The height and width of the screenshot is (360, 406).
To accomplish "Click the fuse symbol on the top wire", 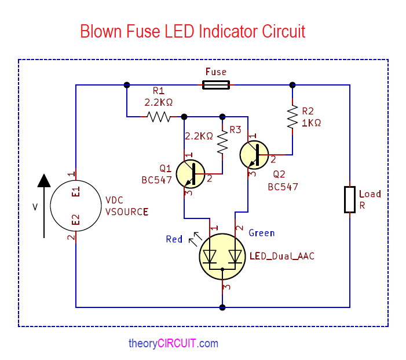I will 215,85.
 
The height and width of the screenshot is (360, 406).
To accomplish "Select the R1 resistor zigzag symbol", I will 158,117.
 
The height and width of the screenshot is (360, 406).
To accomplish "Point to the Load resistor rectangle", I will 349,199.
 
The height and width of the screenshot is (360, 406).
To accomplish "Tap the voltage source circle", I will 75,205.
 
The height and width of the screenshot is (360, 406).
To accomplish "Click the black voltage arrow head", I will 44,181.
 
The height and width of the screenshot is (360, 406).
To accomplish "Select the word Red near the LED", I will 174,239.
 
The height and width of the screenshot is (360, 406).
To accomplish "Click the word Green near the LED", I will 261,233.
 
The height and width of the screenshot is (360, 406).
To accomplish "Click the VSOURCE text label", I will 127,211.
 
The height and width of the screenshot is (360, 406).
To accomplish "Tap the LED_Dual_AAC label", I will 282,256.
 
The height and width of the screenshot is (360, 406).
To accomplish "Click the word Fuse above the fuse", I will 216,72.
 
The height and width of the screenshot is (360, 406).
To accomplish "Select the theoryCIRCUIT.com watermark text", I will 173,343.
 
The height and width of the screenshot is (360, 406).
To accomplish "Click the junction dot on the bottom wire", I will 222,307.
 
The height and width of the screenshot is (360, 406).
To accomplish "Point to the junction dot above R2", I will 292,85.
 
